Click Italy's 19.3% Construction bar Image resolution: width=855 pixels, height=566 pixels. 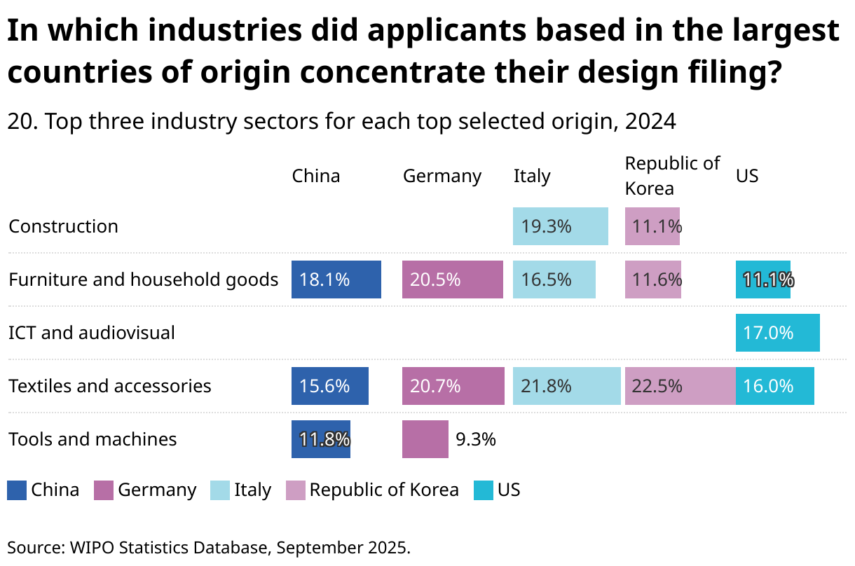tap(560, 226)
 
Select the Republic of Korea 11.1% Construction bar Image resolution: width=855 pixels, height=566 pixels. tap(652, 226)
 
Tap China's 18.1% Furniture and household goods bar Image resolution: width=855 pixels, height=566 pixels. tap(336, 279)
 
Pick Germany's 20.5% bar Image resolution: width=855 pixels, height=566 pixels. tap(452, 279)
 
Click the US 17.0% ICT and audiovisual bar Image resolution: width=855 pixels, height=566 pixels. tap(777, 333)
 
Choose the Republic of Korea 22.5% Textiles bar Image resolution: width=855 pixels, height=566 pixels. tap(680, 386)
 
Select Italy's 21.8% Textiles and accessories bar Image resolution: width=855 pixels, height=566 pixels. tap(566, 386)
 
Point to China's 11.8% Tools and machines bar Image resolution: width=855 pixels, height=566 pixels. tap(320, 439)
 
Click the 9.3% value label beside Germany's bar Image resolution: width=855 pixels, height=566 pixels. tap(476, 439)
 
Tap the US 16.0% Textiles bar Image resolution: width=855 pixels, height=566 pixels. tap(774, 386)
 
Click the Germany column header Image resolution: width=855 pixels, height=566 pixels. tap(442, 176)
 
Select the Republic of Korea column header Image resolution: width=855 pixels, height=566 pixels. tap(671, 176)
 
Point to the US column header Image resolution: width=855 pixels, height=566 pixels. tap(746, 176)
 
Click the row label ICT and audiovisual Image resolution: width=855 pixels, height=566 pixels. tap(92, 333)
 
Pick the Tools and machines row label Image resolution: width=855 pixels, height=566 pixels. tap(93, 439)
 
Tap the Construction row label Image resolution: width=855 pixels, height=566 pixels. tap(63, 226)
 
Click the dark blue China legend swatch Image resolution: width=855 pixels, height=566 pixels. tap(17, 490)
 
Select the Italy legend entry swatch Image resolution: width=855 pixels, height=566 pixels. tap(220, 490)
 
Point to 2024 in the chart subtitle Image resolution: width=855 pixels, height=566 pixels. tap(650, 122)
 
